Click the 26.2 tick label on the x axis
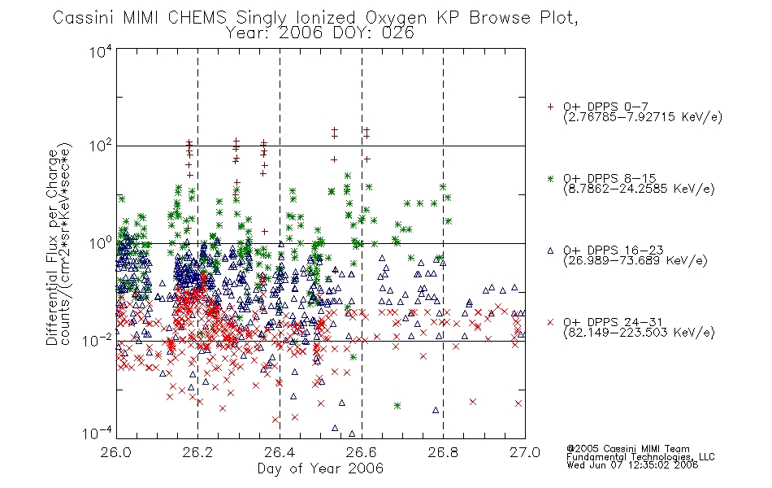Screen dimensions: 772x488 197,452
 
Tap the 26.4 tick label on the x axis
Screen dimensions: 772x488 280,452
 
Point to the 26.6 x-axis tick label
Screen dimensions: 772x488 362,452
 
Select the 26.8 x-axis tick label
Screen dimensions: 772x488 443,452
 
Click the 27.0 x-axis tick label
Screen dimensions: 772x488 525,452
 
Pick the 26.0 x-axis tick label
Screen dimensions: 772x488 115,452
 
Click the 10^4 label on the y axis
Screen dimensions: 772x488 101,51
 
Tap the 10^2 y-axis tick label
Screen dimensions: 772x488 101,146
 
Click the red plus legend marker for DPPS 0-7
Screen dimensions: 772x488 550,107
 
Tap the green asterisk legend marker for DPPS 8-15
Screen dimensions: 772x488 550,178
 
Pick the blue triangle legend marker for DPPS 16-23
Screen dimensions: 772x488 550,251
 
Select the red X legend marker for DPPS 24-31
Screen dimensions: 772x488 550,322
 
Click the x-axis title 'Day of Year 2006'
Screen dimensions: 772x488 320,468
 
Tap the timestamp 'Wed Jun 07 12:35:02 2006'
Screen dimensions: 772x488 632,464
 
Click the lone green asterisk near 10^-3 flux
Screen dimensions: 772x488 397,406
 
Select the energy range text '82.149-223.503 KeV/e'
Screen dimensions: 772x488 639,332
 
